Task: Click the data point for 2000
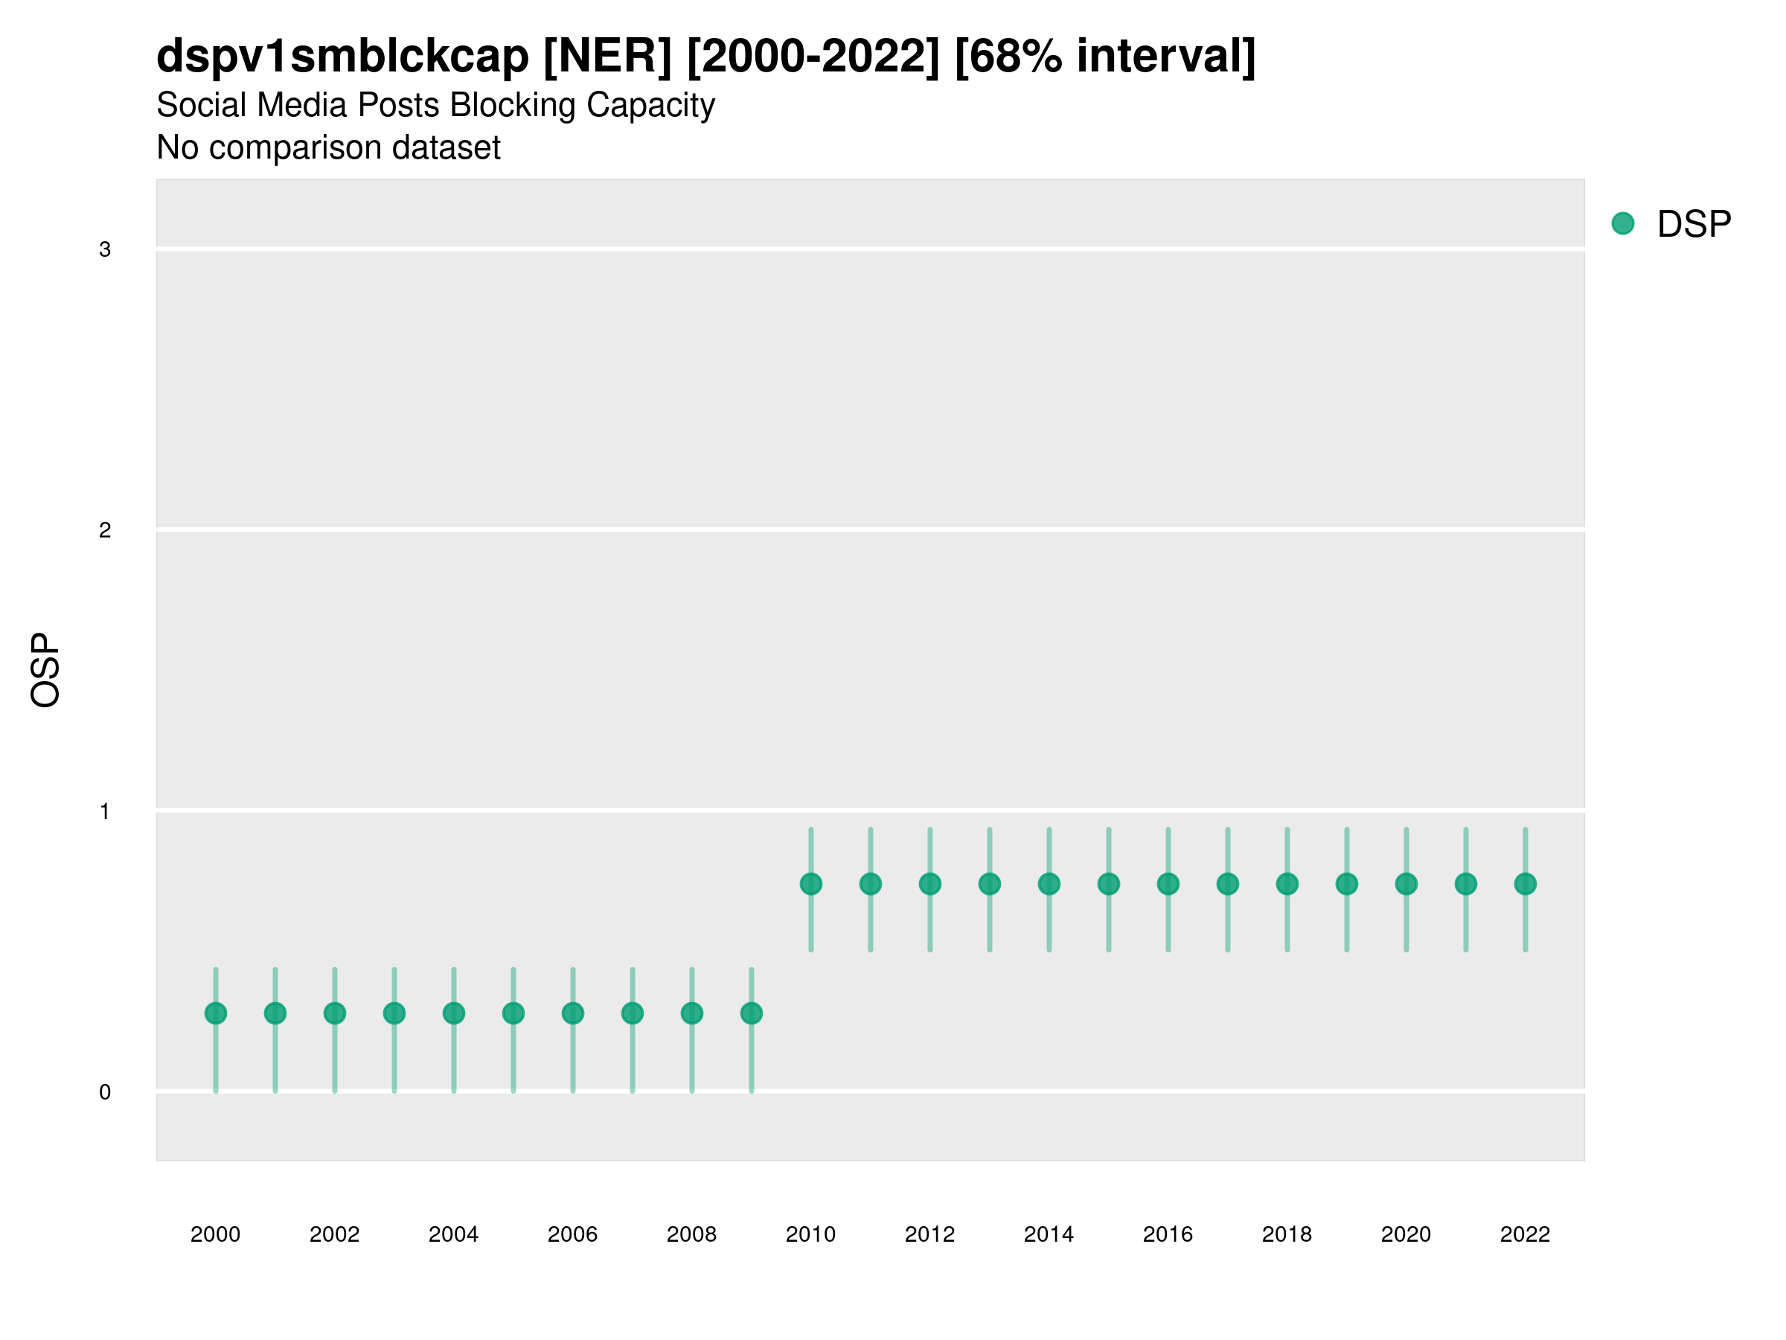(x=216, y=1013)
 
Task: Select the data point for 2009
(x=751, y=1013)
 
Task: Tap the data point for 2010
(x=810, y=884)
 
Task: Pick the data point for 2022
(x=1526, y=884)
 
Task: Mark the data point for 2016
(x=1168, y=884)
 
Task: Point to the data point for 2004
(x=454, y=1013)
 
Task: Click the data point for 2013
(x=989, y=884)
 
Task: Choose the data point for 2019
(x=1347, y=884)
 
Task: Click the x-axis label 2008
(x=691, y=1234)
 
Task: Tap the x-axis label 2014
(x=1049, y=1234)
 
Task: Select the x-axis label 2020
(x=1406, y=1234)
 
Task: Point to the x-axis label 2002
(x=334, y=1234)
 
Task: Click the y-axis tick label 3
(x=105, y=249)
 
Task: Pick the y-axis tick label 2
(x=105, y=530)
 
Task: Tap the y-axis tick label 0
(x=105, y=1092)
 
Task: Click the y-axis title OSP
(x=45, y=671)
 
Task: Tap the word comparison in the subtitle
(x=295, y=148)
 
